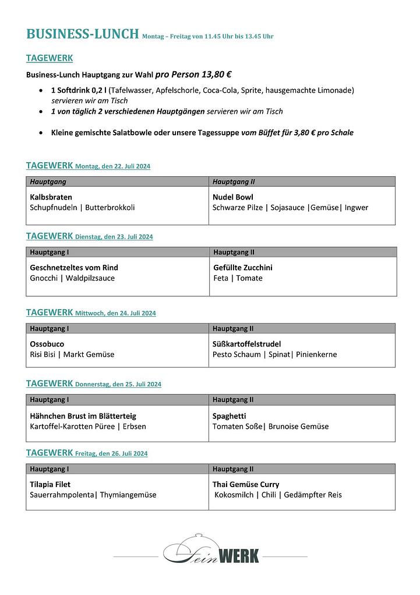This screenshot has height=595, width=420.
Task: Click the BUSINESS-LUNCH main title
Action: [82, 34]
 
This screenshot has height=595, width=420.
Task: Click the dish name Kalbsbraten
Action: [51, 197]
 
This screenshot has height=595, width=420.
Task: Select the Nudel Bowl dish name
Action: [233, 197]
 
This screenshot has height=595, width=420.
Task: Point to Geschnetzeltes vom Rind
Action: [74, 268]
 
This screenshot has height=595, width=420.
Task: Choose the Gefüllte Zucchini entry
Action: [243, 268]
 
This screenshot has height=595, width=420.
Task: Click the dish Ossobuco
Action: [47, 344]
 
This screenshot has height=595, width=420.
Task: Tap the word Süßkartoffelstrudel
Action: [247, 344]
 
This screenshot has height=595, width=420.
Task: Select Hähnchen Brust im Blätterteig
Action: [83, 416]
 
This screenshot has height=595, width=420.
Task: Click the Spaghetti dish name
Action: [230, 416]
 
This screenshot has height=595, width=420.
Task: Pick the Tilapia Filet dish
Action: [50, 485]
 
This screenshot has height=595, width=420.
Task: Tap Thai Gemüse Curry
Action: [246, 485]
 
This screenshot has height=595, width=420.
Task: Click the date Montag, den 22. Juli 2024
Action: [112, 167]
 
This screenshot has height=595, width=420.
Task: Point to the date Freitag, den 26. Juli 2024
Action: [111, 454]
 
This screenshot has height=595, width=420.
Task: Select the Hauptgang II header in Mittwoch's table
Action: [233, 329]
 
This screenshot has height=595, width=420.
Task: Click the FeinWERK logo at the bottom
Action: [211, 553]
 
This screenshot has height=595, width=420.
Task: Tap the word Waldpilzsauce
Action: [90, 278]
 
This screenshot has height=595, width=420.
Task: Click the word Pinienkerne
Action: [316, 355]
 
